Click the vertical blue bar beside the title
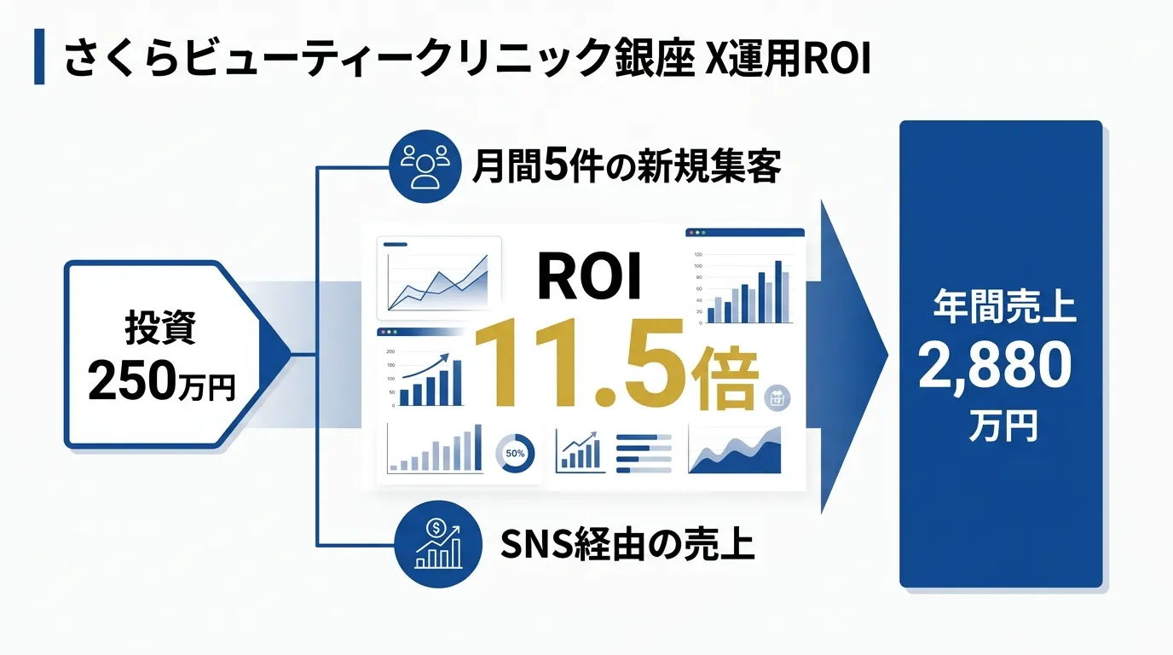39,58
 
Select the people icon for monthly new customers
423,166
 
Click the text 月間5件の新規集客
626,166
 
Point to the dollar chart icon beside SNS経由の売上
436,543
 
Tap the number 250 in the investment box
130,381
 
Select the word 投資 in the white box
160,327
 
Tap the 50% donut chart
515,454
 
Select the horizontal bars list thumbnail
644,453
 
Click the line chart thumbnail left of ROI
438,275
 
